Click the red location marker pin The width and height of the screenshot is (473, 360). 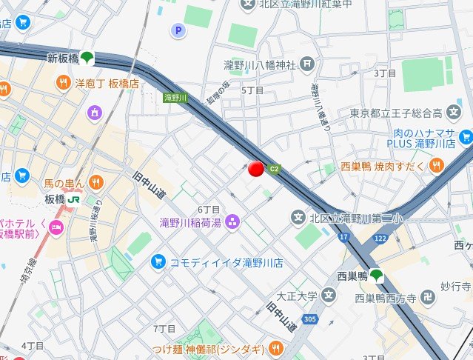click(256, 170)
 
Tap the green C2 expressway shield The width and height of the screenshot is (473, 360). click(275, 169)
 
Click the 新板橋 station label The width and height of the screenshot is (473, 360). click(62, 58)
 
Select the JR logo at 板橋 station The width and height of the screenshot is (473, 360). click(75, 199)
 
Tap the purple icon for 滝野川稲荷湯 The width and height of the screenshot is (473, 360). click(232, 221)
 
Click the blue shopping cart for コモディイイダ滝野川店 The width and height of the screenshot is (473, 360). click(157, 261)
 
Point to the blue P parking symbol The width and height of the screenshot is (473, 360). click(177, 30)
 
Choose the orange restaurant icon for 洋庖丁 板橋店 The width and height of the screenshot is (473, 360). click(64, 83)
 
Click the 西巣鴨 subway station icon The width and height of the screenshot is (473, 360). click(377, 276)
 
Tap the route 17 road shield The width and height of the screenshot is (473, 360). click(343, 237)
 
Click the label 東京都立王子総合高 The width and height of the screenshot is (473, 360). click(396, 113)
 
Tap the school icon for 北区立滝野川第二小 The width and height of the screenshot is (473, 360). click(298, 218)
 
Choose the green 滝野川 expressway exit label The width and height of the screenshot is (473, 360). click(175, 97)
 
